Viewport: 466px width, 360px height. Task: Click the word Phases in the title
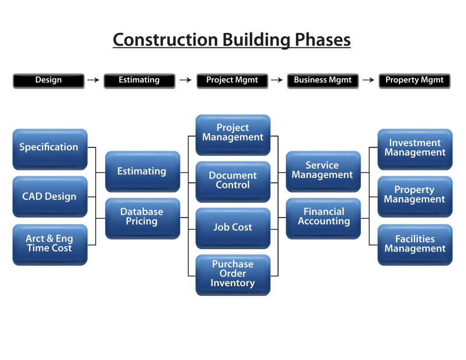pyautogui.click(x=323, y=40)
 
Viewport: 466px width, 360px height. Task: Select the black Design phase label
pyautogui.click(x=49, y=81)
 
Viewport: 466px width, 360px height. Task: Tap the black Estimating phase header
pyautogui.click(x=139, y=81)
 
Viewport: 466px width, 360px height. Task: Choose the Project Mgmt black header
pyautogui.click(x=233, y=81)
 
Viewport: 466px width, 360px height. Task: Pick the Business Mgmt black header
pyautogui.click(x=323, y=81)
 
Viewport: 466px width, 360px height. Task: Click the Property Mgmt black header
pyautogui.click(x=415, y=81)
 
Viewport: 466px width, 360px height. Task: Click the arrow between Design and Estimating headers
pyautogui.click(x=93, y=80)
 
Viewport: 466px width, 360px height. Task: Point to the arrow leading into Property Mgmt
pyautogui.click(x=369, y=80)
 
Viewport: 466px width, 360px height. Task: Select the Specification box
pyautogui.click(x=50, y=149)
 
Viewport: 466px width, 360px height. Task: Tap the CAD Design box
pyautogui.click(x=50, y=197)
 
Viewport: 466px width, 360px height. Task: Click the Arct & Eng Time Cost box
pyautogui.click(x=50, y=245)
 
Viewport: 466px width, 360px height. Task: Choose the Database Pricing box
pyautogui.click(x=142, y=218)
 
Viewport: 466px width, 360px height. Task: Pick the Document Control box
pyautogui.click(x=233, y=182)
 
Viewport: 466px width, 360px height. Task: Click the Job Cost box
pyautogui.click(x=233, y=228)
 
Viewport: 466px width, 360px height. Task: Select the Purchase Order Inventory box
pyautogui.click(x=233, y=275)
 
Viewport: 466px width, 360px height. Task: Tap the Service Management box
pyautogui.click(x=324, y=172)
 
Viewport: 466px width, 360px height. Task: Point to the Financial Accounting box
pyautogui.click(x=324, y=218)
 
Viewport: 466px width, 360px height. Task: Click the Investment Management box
pyautogui.click(x=415, y=149)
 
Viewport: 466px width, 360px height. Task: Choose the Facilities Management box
pyautogui.click(x=415, y=245)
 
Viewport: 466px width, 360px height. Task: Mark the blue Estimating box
pyautogui.click(x=142, y=172)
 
